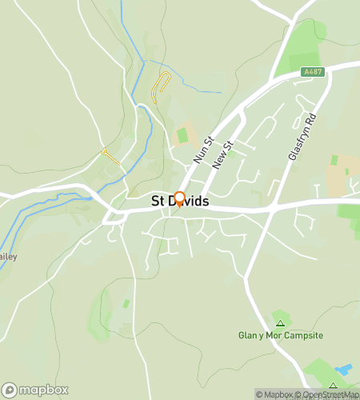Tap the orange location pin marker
(179, 199)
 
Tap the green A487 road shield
(313, 72)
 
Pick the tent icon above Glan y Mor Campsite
(279, 323)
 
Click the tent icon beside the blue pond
(332, 386)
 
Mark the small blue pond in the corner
(345, 370)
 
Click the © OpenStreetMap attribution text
(328, 394)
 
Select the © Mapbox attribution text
(275, 394)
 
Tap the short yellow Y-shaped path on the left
(110, 154)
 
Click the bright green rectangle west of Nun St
(183, 135)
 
